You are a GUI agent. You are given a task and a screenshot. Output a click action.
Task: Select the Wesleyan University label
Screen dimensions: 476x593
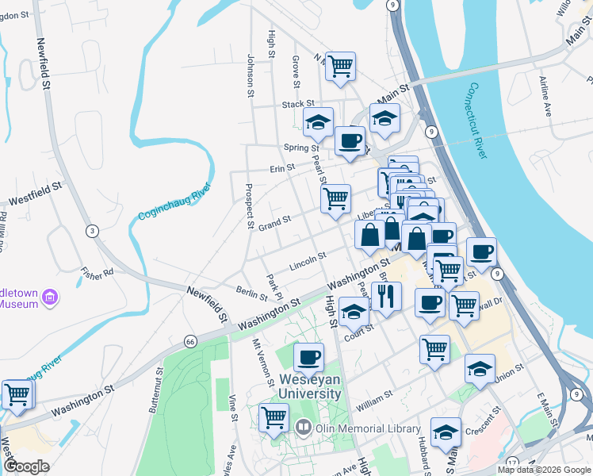tap(310, 386)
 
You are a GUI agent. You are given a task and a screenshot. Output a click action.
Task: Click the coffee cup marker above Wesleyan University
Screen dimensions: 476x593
tap(308, 356)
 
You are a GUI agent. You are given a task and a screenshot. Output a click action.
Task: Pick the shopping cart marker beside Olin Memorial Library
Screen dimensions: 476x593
tap(274, 416)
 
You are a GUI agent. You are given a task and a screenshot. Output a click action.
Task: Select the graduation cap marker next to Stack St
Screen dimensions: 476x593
tap(318, 122)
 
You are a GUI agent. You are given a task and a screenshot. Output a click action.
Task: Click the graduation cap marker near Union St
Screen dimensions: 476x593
tap(480, 368)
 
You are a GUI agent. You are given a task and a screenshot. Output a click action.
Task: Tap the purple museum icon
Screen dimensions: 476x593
tap(51, 297)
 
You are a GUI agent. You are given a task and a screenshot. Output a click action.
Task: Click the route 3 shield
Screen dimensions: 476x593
tap(93, 231)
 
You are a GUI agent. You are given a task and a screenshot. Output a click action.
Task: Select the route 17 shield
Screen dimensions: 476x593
tap(512, 462)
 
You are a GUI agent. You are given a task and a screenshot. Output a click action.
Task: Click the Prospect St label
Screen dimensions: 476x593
tap(249, 206)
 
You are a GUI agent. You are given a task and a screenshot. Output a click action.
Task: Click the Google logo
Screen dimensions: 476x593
tap(27, 466)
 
